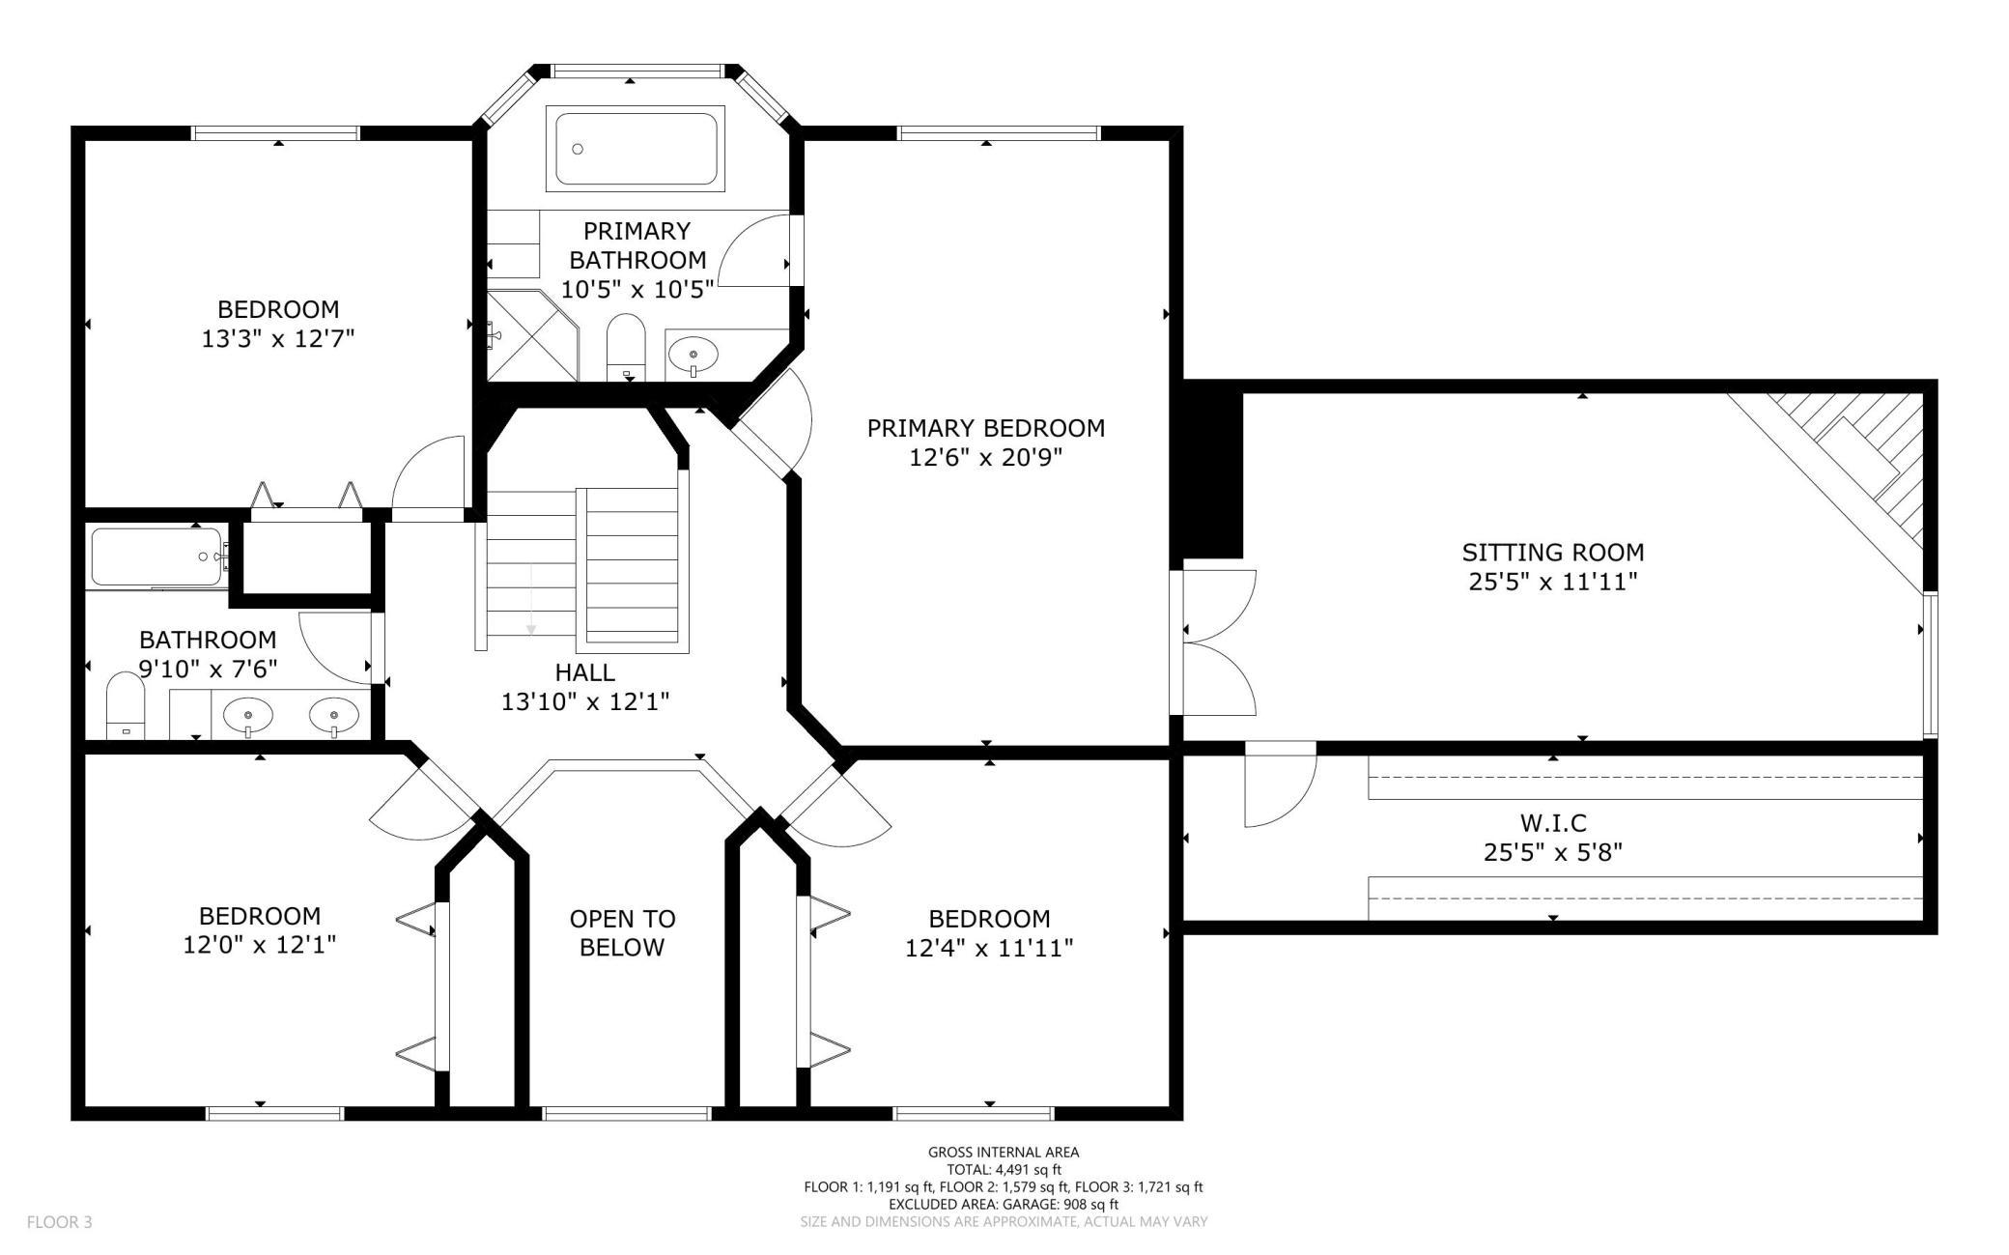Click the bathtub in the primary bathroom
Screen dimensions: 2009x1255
[636, 147]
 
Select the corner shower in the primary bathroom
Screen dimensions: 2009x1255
[531, 335]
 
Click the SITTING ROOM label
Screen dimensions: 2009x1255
[1552, 552]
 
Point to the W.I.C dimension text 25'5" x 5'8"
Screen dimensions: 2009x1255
[1552, 852]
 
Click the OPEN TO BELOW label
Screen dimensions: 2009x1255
[622, 932]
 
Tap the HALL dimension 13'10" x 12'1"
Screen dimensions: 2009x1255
[585, 701]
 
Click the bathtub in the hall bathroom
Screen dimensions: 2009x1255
[158, 557]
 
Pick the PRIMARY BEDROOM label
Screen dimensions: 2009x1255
[985, 427]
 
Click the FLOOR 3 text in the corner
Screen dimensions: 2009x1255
[59, 1222]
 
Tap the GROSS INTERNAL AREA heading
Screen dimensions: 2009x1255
[1004, 1152]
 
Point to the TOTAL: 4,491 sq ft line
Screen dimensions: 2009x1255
[1004, 1169]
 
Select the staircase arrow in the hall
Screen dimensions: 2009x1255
[530, 599]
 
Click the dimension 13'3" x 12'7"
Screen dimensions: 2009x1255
[278, 339]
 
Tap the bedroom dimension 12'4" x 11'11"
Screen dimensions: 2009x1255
[989, 949]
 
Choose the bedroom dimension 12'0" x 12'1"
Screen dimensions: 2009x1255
[260, 945]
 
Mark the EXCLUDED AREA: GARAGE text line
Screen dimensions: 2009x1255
[1004, 1204]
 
